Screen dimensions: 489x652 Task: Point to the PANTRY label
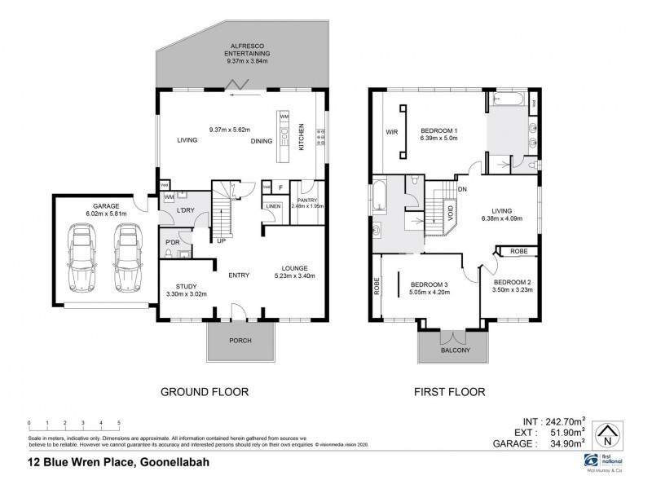(307, 200)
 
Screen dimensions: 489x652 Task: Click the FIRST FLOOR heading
(451, 392)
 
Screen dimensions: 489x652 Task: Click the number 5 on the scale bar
(119, 423)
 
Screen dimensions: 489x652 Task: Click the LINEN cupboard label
(273, 206)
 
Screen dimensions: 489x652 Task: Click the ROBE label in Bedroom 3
(377, 286)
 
